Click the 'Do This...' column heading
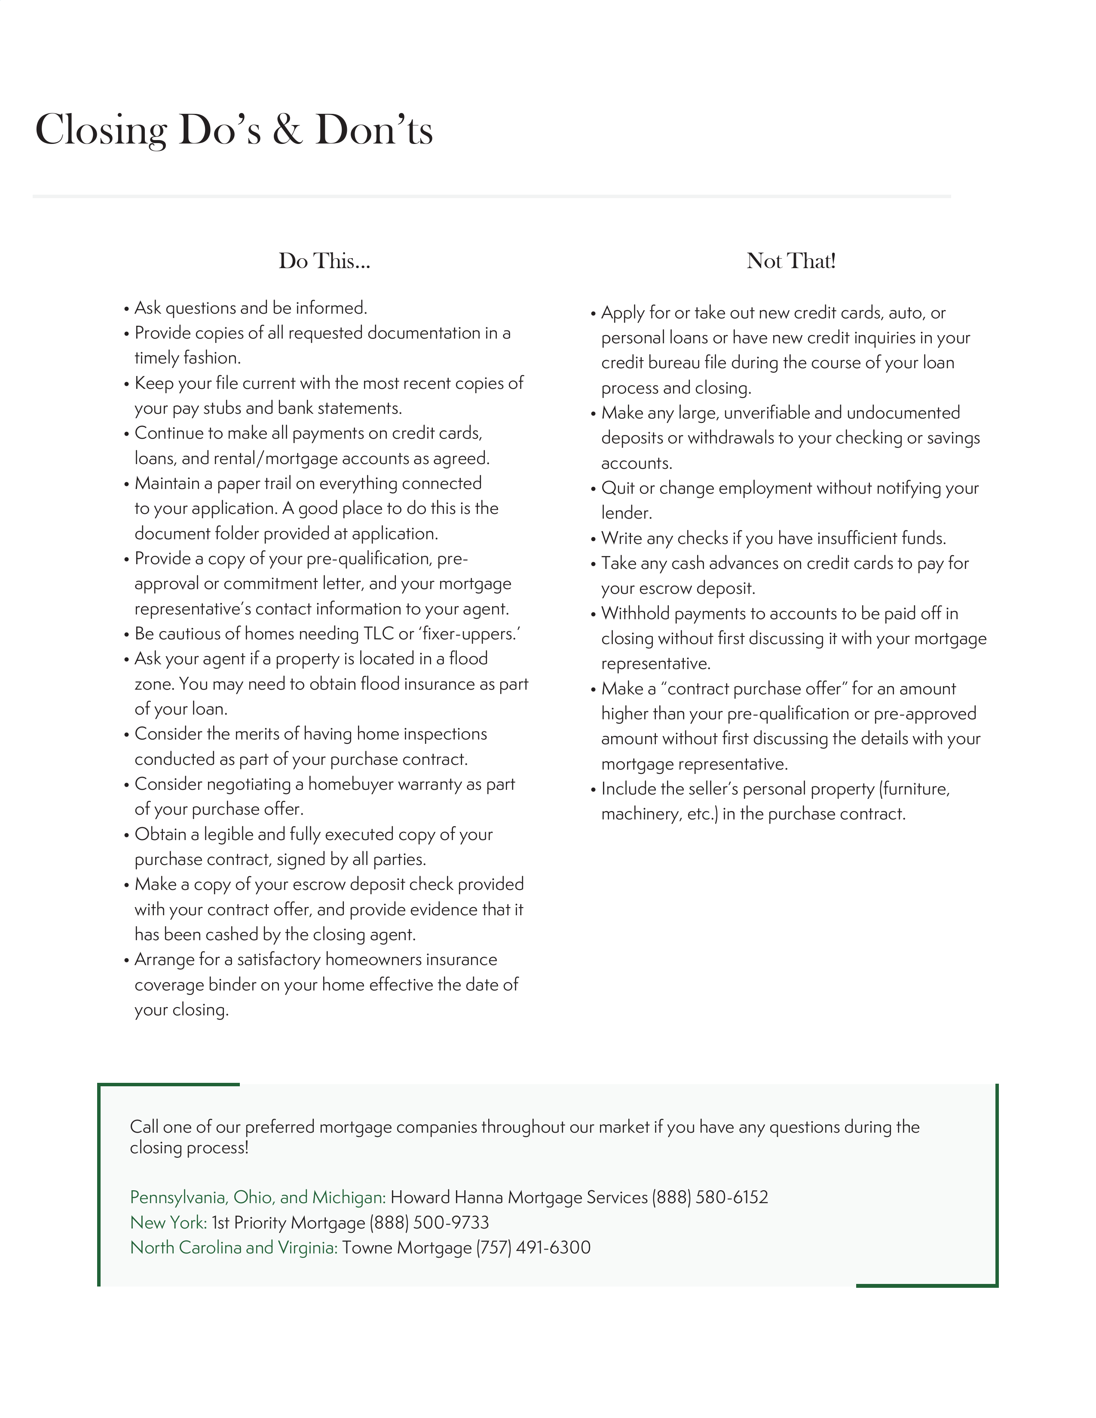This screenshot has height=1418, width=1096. pos(324,261)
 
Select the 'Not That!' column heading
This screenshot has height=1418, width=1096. pos(791,261)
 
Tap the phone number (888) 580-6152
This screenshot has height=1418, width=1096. pos(710,1197)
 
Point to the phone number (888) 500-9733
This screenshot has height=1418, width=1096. pos(429,1222)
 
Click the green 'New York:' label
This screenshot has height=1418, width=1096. pos(168,1222)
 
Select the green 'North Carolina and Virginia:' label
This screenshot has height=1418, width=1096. pos(234,1248)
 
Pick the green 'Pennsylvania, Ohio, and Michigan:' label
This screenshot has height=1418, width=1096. pos(258,1197)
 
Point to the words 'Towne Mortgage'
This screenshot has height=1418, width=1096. pos(407,1248)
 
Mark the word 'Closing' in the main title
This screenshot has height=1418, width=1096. pos(101,131)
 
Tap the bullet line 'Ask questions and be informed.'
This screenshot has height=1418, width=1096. pos(251,308)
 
